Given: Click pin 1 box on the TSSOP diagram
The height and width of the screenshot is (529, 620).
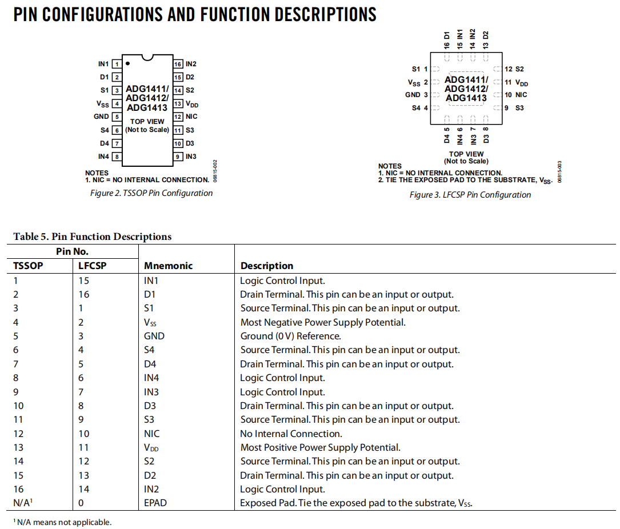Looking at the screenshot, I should [x=116, y=65].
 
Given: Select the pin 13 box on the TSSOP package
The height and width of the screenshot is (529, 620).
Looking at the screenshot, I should [x=178, y=104].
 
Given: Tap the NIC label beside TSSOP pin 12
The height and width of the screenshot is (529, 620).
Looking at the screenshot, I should [x=191, y=117].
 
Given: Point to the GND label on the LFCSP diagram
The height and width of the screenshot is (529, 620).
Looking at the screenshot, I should [x=413, y=95].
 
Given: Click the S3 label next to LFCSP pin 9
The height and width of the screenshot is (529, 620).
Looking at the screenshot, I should [x=519, y=108].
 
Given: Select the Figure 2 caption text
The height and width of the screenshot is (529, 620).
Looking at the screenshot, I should [x=151, y=193].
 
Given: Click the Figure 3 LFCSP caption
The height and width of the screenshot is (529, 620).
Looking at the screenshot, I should [x=470, y=195].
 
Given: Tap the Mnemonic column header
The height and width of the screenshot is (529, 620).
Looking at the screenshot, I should [x=168, y=266].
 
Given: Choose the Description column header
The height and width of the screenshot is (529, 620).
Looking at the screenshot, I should [x=267, y=266].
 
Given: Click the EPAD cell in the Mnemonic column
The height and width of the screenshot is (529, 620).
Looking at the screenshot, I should [x=155, y=503].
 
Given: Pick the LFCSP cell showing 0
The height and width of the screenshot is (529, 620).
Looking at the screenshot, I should [x=81, y=503].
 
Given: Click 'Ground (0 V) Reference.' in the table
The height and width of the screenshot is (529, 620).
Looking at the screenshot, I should [x=290, y=336].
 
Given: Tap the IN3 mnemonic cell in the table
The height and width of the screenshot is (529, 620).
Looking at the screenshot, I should [x=151, y=392].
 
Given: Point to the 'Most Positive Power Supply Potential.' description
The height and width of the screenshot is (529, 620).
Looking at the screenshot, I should [x=320, y=447].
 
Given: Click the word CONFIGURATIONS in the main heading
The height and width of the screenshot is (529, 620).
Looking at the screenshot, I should [x=102, y=14].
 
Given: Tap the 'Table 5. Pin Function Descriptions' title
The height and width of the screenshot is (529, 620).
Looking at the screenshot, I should [x=92, y=237].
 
